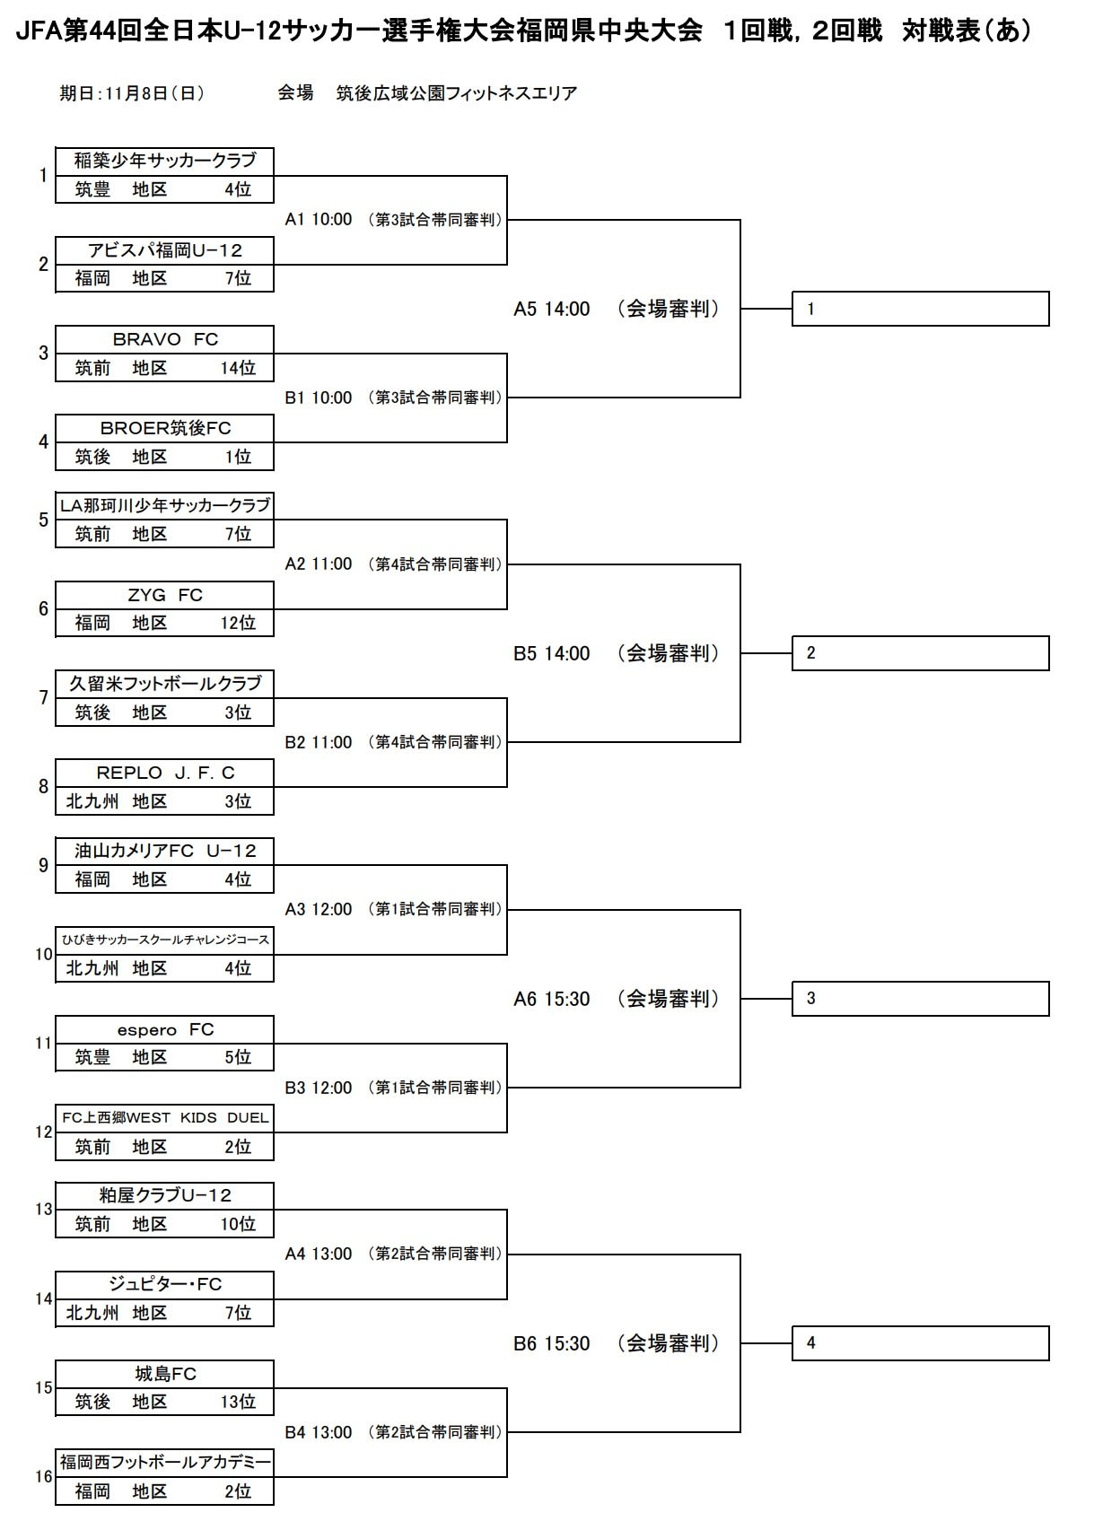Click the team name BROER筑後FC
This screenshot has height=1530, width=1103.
165,428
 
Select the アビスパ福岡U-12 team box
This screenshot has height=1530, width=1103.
164,265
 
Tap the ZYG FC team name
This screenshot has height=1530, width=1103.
165,595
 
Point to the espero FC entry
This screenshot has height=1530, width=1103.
165,1029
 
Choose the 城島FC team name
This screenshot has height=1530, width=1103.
165,1374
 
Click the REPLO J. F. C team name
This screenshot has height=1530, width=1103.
165,773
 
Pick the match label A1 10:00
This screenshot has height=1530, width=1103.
319,219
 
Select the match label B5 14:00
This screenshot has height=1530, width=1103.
551,653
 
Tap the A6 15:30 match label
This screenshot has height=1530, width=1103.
551,999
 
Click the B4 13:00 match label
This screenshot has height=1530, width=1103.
319,1431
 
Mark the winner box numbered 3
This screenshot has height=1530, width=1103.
920,999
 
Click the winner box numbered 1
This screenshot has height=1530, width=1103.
920,309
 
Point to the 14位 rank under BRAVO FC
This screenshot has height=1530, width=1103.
238,368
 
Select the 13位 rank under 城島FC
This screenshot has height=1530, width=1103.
238,1402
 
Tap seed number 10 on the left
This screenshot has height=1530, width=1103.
44,954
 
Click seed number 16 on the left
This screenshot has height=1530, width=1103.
44,1477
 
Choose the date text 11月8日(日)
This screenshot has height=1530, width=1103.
154,93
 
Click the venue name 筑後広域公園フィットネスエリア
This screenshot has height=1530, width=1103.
456,93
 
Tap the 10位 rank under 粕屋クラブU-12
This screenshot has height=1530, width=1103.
238,1224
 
